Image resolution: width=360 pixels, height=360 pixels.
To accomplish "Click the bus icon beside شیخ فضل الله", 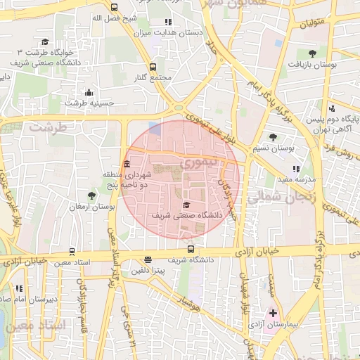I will pos(115,8).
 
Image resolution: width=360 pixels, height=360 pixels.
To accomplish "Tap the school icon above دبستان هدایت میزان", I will pos(167,22).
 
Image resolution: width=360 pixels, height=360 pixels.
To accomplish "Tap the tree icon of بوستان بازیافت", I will pos(312,52).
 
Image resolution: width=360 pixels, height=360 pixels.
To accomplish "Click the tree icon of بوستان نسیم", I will pos(273,137).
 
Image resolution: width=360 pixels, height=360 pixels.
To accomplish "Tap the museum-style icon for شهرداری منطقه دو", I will pos(127,165).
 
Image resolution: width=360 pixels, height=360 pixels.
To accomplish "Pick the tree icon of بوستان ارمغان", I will pos(92,195).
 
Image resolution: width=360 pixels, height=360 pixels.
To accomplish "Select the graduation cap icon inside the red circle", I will pos(186,205).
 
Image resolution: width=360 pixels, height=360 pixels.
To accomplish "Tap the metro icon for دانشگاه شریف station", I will pos(191,249).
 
